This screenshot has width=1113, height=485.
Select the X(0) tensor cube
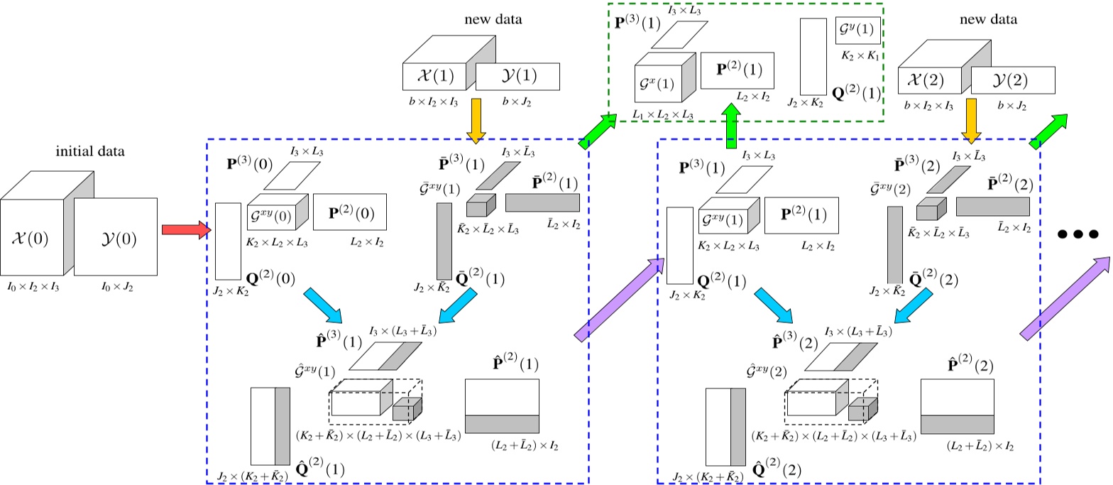click(32, 239)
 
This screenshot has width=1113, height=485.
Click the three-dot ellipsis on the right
click(1078, 233)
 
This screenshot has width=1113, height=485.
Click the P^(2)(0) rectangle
click(349, 212)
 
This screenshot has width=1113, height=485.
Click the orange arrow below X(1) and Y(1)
click(476, 119)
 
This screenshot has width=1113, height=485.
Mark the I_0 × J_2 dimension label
click(115, 288)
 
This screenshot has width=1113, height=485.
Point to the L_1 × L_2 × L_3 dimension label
click(662, 114)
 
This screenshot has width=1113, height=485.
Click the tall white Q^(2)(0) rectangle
click(228, 241)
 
